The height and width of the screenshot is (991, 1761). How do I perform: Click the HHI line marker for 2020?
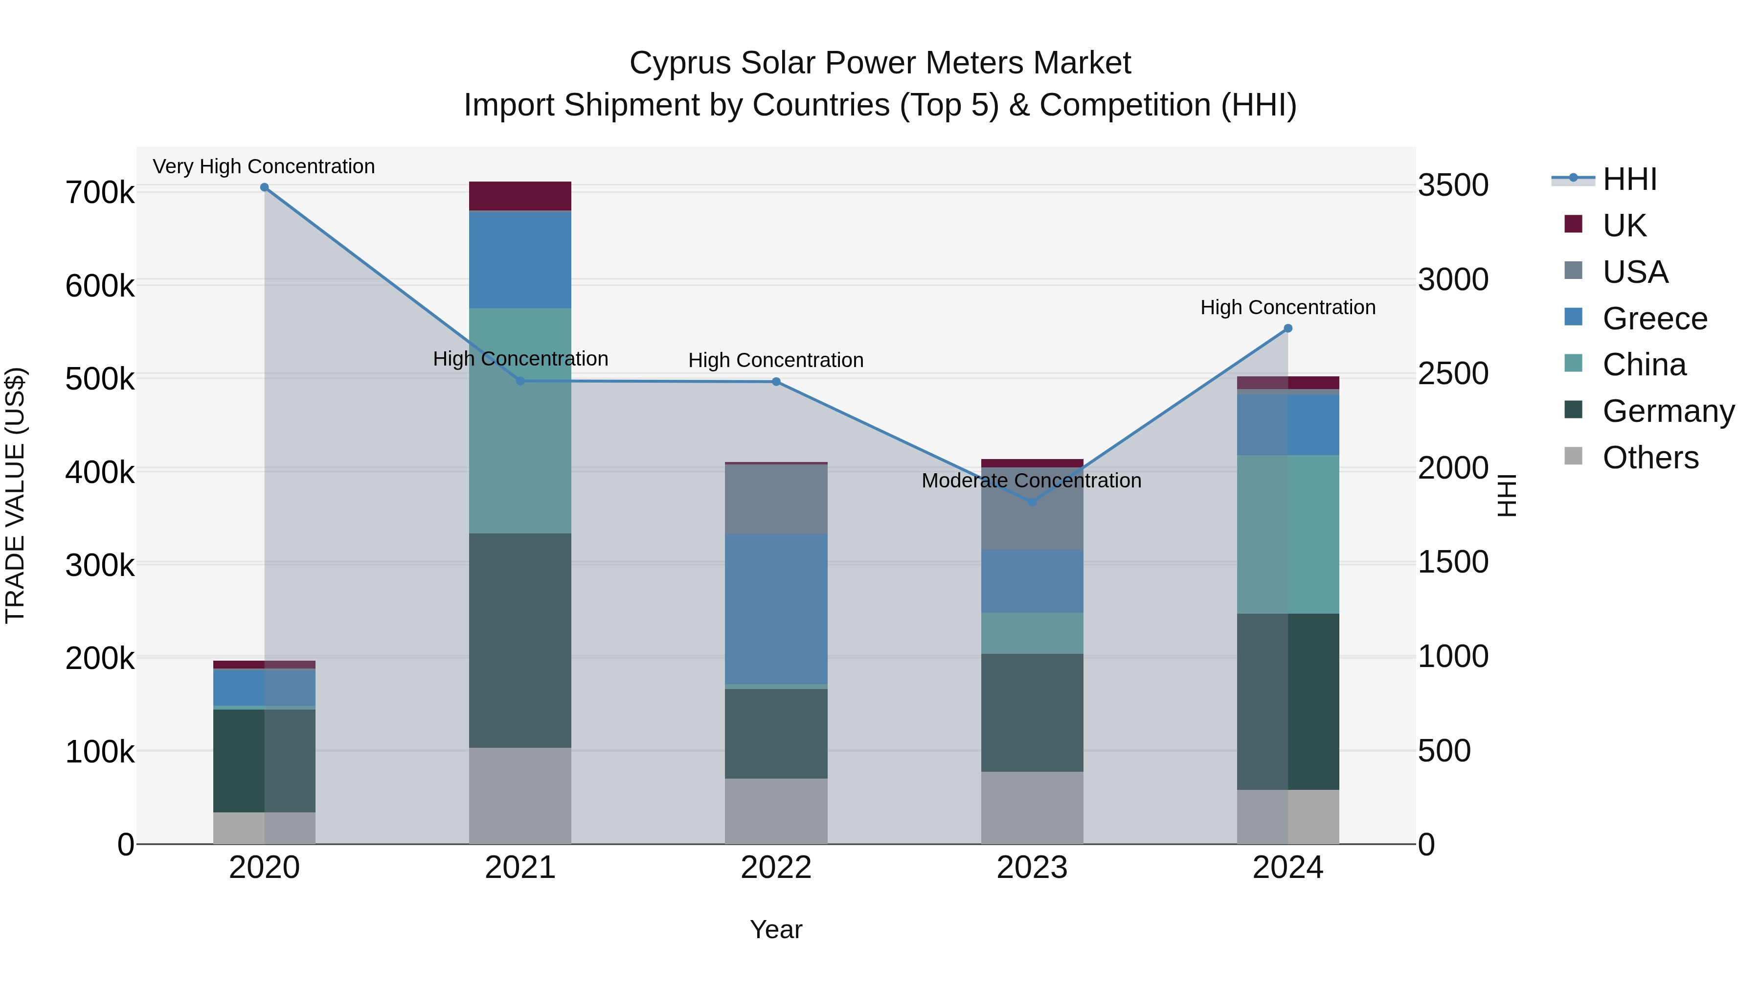(x=265, y=187)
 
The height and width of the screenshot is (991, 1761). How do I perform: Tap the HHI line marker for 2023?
(x=1032, y=502)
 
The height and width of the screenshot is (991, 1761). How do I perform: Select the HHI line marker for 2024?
(x=1288, y=328)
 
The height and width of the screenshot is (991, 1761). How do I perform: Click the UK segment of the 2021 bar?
(x=520, y=196)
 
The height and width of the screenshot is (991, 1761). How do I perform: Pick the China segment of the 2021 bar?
(x=520, y=420)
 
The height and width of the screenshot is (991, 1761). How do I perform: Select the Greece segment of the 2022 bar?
(x=776, y=609)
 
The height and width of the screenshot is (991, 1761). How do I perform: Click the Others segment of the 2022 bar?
(x=776, y=811)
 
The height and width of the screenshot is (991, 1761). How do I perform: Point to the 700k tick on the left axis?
(x=100, y=193)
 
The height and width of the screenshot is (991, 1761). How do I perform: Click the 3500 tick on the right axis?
(x=1453, y=185)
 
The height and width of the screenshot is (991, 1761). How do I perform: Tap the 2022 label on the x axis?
(x=776, y=868)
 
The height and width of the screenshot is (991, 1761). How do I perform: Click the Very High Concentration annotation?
(x=264, y=166)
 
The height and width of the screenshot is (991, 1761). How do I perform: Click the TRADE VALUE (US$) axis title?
(x=15, y=495)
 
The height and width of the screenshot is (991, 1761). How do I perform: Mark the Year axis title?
(x=776, y=929)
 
